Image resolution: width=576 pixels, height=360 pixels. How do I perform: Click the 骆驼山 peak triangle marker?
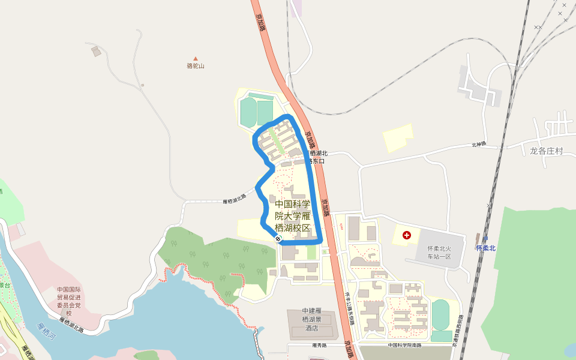click(195, 59)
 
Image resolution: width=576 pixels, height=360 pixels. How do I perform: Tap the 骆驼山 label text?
click(196, 66)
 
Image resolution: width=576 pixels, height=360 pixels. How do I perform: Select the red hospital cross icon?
click(407, 235)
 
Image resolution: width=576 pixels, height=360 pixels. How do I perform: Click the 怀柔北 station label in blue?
click(486, 248)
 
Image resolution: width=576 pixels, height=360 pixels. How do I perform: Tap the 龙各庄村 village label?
click(546, 151)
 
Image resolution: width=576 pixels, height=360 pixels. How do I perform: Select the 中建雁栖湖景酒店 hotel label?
click(312, 319)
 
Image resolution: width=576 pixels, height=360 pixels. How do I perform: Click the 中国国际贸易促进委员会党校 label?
click(68, 301)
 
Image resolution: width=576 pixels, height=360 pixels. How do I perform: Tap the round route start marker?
click(279, 239)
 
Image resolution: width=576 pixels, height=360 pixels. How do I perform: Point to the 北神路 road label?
click(478, 144)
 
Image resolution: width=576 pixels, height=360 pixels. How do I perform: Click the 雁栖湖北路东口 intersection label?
click(314, 157)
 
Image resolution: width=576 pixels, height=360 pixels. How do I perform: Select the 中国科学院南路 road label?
click(404, 345)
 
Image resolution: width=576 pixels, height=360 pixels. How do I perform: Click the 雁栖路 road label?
click(319, 345)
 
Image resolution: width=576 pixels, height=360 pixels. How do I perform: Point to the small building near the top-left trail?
click(96, 52)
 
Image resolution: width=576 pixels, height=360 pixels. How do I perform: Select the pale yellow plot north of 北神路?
click(398, 138)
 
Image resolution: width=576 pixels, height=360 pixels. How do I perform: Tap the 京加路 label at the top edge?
click(261, 21)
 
